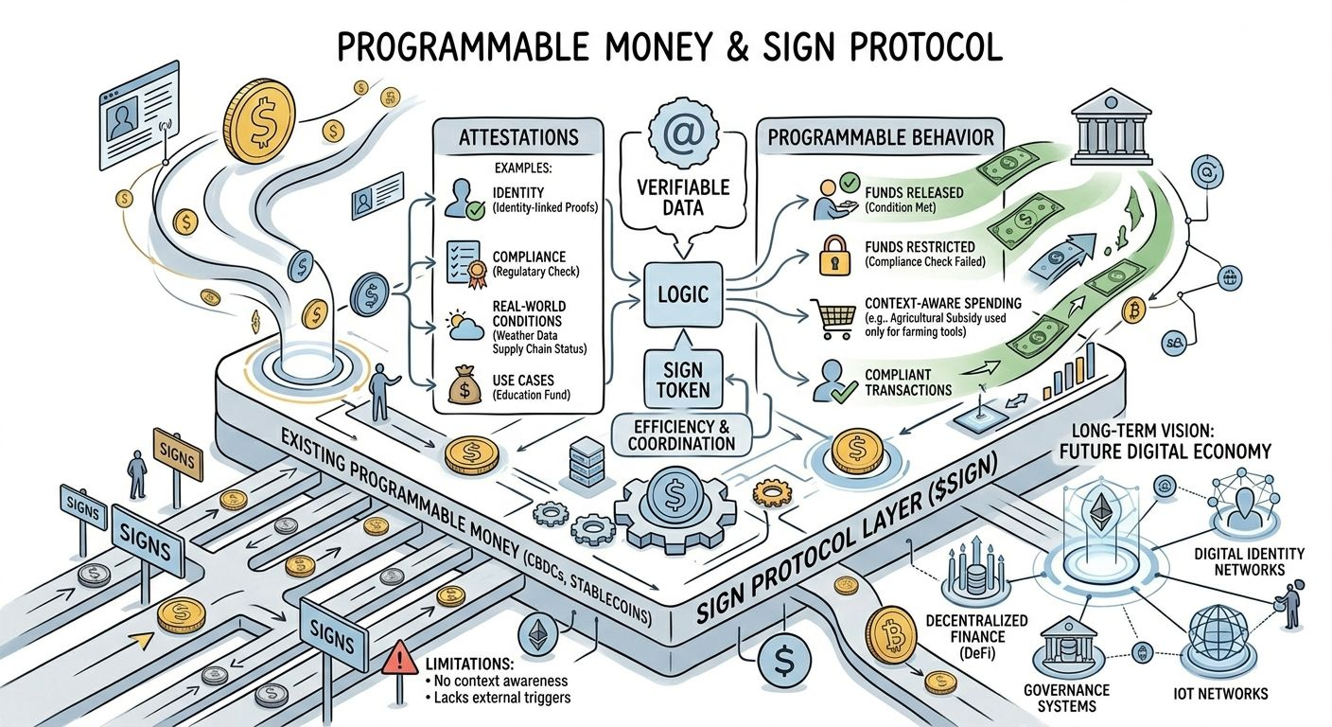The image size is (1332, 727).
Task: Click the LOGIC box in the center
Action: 682,294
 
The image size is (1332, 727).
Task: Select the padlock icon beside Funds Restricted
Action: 835,254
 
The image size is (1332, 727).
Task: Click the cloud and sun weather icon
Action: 463,326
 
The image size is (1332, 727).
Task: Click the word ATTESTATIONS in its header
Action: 518,136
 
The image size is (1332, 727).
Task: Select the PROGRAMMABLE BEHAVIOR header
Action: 881,137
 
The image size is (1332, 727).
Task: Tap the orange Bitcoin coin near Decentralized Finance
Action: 889,633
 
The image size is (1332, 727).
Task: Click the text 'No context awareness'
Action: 497,680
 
